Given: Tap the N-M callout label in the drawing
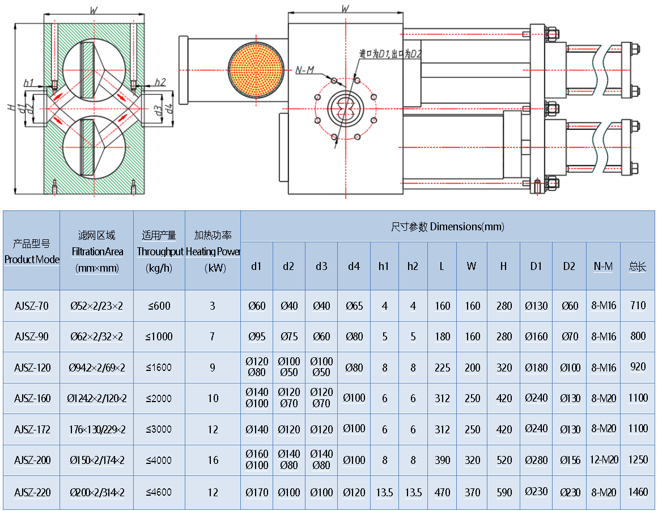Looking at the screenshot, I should click(305, 70).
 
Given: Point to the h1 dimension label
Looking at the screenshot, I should click(29, 82).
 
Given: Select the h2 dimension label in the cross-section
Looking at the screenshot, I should click(160, 82).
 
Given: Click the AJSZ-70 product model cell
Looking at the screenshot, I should click(32, 306).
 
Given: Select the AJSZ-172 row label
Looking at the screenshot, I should click(32, 429).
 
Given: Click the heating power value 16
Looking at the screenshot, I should click(213, 460).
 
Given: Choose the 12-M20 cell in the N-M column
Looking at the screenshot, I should click(604, 460).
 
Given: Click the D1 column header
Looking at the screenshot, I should click(536, 267).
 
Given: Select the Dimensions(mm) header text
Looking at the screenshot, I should click(447, 227).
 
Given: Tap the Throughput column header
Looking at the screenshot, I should click(159, 251).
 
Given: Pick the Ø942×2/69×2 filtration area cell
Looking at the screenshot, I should click(97, 368).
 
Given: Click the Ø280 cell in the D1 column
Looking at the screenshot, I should click(536, 460).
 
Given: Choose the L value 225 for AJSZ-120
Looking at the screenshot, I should click(443, 368).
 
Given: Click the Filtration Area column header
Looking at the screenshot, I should click(97, 251).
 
